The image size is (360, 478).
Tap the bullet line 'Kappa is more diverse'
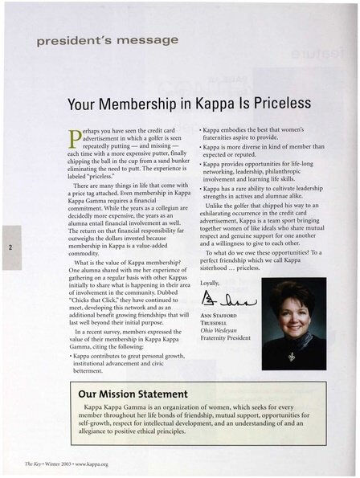[258, 149]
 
